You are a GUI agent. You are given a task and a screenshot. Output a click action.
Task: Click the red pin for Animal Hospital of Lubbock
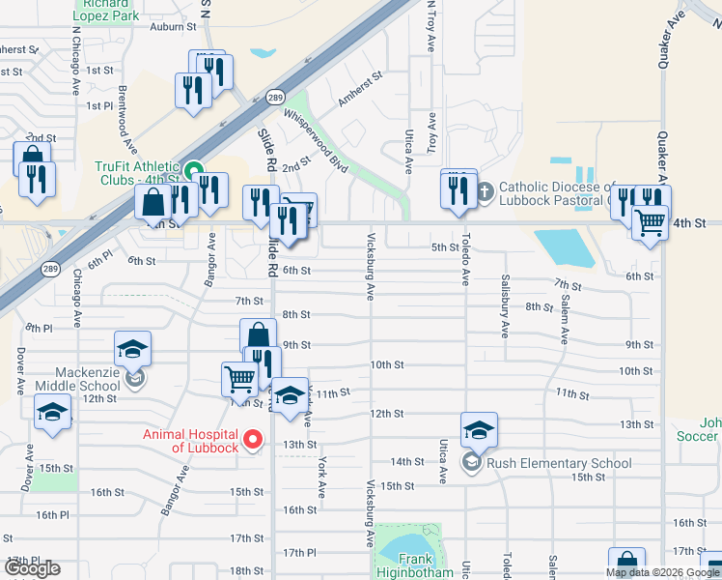[254, 440]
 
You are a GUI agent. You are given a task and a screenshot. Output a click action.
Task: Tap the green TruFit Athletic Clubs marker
[194, 174]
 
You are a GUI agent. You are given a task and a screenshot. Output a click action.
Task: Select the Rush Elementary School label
[559, 463]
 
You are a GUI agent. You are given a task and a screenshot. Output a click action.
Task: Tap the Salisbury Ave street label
[504, 305]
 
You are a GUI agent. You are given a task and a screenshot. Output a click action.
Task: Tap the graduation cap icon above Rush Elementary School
[479, 429]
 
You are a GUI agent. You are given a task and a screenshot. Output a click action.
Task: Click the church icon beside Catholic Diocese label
[486, 193]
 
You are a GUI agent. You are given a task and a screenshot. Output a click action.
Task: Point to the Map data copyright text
[662, 572]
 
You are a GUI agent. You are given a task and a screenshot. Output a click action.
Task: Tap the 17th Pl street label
[299, 552]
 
